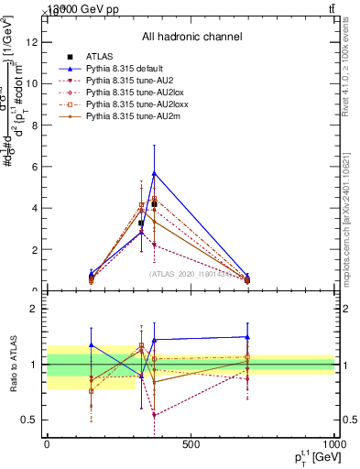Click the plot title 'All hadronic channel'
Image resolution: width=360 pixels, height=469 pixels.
click(191, 38)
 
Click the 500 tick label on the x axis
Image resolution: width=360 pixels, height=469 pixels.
click(191, 444)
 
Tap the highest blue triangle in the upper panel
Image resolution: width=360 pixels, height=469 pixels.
click(154, 172)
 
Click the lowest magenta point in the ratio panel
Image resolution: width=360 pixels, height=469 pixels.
click(154, 415)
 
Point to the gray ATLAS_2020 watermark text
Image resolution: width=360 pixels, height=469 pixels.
click(191, 273)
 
